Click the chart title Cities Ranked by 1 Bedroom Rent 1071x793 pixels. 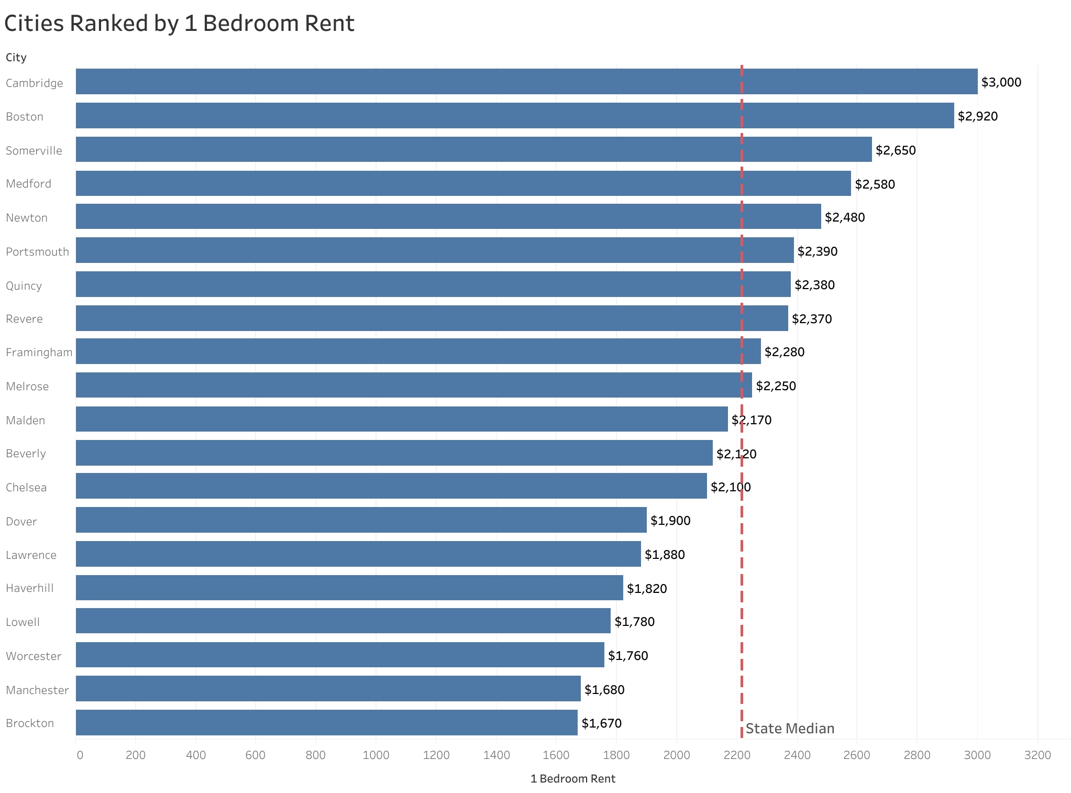tap(179, 24)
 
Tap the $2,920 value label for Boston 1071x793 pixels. tap(977, 116)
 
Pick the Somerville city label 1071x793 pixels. tap(34, 151)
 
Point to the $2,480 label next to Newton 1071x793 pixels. tap(844, 217)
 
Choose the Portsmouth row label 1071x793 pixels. tap(37, 252)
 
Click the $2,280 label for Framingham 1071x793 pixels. tap(784, 352)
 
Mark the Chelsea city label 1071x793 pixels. tap(26, 488)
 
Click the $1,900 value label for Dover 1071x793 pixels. tap(670, 521)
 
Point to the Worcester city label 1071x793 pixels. tap(34, 656)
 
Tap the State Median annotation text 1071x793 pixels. tap(789, 729)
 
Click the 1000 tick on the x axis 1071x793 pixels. tap(376, 755)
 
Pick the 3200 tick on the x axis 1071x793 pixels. tap(1037, 755)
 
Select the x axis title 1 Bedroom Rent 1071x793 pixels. tap(572, 779)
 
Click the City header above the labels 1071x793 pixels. tap(16, 58)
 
